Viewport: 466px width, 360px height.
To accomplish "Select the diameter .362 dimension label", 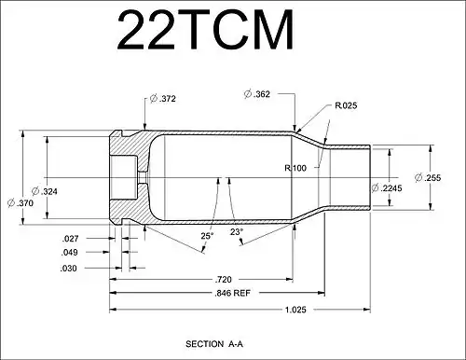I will pyautogui.click(x=260, y=93).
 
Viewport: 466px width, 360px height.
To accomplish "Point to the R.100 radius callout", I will pyautogui.click(x=295, y=167).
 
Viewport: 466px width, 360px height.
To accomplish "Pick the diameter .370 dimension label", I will pyautogui.click(x=23, y=201).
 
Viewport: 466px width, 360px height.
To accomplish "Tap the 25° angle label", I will pyautogui.click(x=206, y=236).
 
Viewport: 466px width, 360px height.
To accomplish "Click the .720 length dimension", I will pyautogui.click(x=223, y=279).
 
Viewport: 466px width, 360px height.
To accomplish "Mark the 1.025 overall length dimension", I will pyautogui.click(x=295, y=309).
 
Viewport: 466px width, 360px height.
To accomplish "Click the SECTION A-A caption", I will pyautogui.click(x=218, y=344).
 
